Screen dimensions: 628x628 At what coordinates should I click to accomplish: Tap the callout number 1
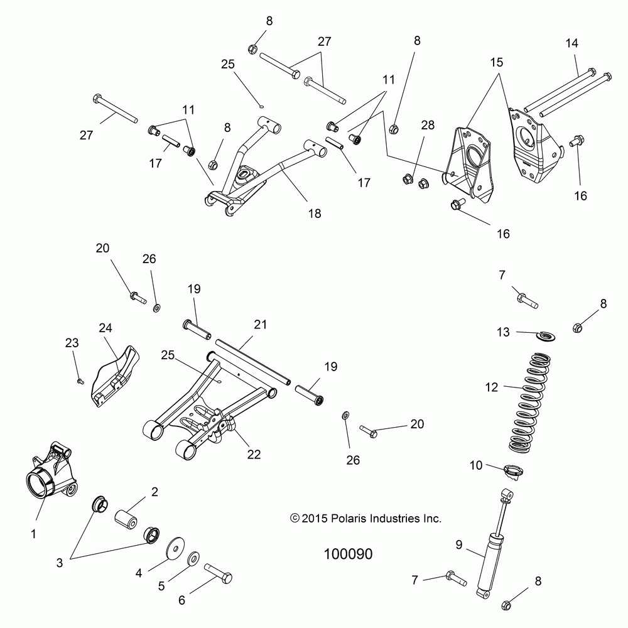coord(34,534)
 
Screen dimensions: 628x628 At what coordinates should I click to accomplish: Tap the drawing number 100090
coord(348,555)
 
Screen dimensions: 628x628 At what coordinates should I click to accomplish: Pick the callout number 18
coord(314,214)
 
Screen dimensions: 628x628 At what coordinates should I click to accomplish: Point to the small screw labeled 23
coord(80,380)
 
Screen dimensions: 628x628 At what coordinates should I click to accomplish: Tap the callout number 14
coord(571,43)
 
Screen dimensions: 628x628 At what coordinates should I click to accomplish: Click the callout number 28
coord(428,125)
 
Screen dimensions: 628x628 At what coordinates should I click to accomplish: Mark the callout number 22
coord(254,453)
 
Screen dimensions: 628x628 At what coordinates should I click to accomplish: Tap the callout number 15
coord(496,63)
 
